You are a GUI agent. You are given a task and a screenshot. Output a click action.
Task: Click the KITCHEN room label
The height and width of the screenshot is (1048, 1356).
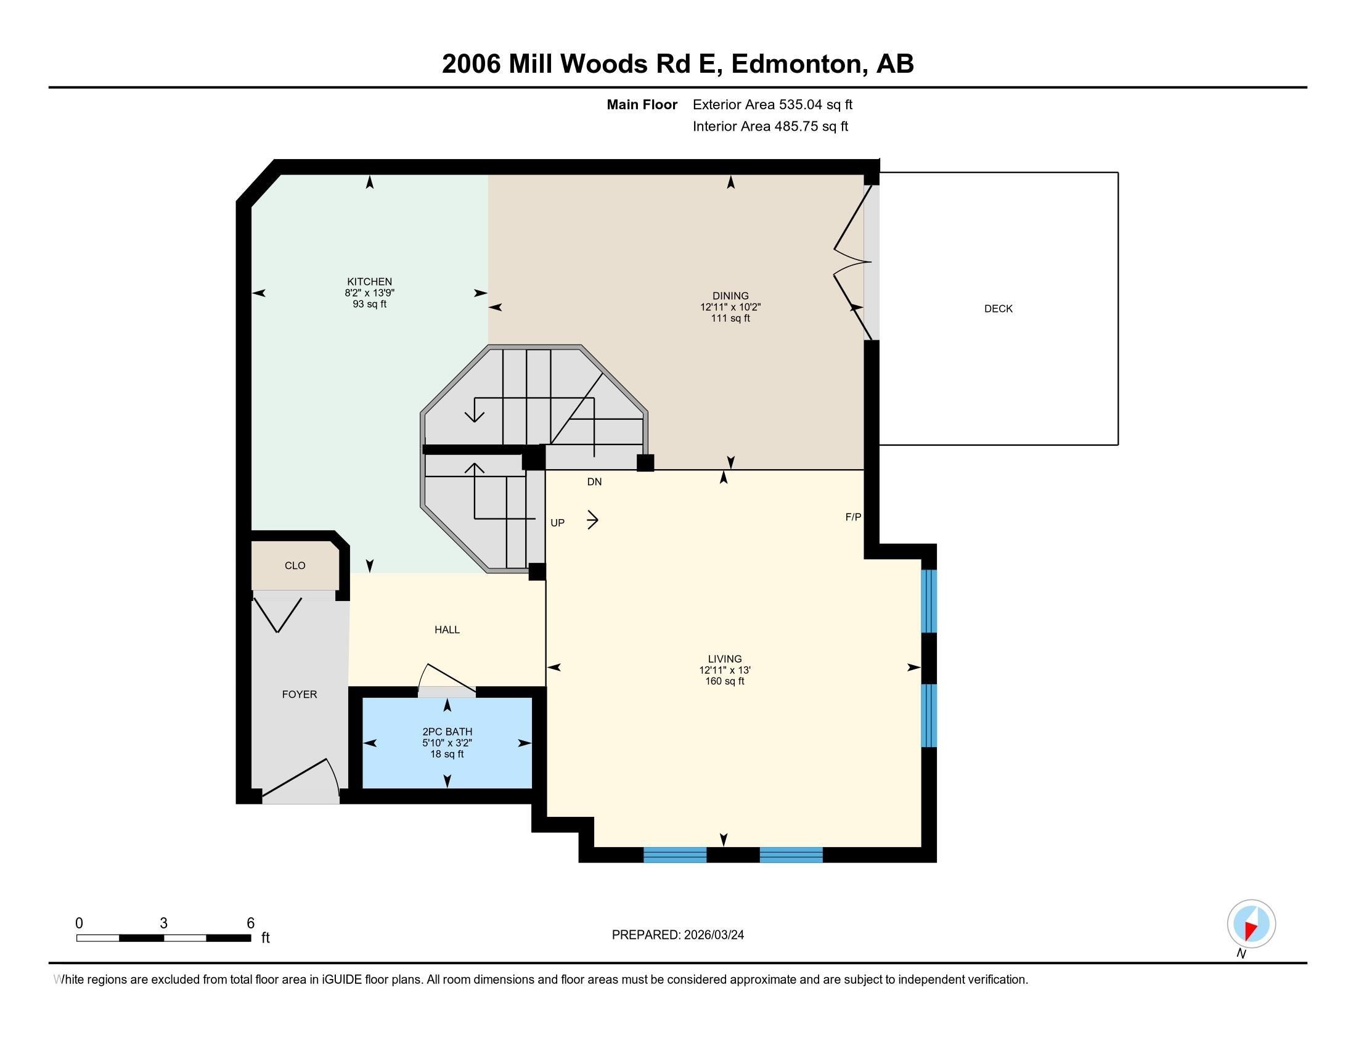point(369,281)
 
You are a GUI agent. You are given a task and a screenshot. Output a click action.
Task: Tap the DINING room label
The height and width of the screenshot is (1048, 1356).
point(730,295)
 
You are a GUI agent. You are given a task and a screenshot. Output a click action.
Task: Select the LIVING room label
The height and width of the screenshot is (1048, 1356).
point(725,659)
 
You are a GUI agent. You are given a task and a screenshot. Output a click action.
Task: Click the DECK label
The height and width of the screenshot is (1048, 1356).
point(998,309)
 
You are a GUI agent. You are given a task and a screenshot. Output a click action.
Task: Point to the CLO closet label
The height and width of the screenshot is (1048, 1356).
point(295,565)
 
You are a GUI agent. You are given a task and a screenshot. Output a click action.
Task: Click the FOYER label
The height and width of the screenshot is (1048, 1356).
point(300,694)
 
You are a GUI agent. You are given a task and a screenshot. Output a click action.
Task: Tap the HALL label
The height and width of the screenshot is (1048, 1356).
point(446,629)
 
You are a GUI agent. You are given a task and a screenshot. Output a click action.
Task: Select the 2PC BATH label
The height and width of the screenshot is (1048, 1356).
point(447,731)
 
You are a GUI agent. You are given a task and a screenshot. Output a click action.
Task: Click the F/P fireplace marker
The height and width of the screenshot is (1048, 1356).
point(853,517)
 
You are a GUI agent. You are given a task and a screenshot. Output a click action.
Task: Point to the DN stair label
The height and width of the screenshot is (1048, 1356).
point(594,482)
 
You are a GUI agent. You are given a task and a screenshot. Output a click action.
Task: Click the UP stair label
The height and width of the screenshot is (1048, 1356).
point(557,523)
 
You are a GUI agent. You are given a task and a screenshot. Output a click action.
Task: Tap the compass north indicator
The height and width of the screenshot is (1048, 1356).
point(1251,925)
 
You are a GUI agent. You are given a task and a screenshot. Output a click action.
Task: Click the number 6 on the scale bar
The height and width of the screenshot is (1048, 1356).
point(251,923)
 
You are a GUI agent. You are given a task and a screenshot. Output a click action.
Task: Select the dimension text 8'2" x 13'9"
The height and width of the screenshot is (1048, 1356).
point(369,292)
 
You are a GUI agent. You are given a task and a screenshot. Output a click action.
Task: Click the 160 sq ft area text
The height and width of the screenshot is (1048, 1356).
point(725,681)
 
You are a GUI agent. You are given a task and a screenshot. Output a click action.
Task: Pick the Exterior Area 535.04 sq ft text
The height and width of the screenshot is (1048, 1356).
point(772,104)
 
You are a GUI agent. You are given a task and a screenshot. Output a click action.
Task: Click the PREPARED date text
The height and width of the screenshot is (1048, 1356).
point(677,935)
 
